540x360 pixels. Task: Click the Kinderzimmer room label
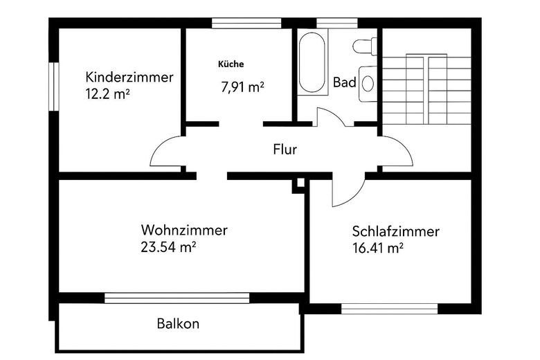click(129, 77)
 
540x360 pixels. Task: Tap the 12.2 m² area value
click(108, 93)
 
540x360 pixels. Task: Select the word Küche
click(231, 64)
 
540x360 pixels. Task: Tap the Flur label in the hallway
click(285, 149)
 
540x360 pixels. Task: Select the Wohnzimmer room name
click(183, 230)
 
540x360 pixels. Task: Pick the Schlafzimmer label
click(395, 231)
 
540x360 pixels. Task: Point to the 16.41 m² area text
click(378, 247)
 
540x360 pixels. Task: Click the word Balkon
click(178, 323)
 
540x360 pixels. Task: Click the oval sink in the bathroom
click(368, 84)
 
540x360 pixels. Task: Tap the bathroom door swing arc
click(330, 116)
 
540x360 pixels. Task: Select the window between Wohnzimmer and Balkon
click(177, 298)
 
